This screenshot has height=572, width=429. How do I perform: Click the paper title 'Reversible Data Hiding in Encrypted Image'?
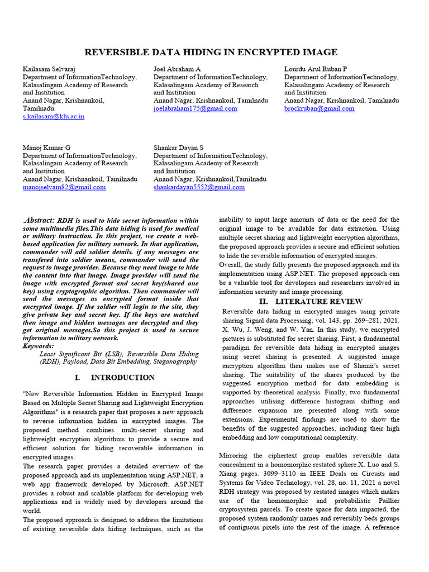click(x=211, y=53)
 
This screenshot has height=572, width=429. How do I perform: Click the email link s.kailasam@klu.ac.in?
click(x=54, y=117)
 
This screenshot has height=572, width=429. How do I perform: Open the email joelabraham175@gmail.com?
click(x=195, y=108)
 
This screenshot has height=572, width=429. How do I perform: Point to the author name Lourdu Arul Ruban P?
click(x=316, y=69)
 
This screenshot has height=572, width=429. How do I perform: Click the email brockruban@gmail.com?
click(x=319, y=108)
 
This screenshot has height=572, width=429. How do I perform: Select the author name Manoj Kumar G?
click(x=46, y=147)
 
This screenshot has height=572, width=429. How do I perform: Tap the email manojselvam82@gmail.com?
click(x=64, y=187)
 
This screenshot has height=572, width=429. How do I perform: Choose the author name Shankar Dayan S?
click(x=179, y=147)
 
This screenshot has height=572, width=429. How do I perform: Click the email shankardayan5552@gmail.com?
click(x=199, y=187)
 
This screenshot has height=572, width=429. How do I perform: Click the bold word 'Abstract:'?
click(x=41, y=221)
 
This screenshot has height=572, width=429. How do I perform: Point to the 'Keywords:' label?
click(x=39, y=346)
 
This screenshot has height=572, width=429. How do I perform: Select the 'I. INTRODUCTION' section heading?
click(x=115, y=378)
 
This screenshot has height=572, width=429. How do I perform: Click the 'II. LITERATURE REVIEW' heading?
click(x=311, y=302)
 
